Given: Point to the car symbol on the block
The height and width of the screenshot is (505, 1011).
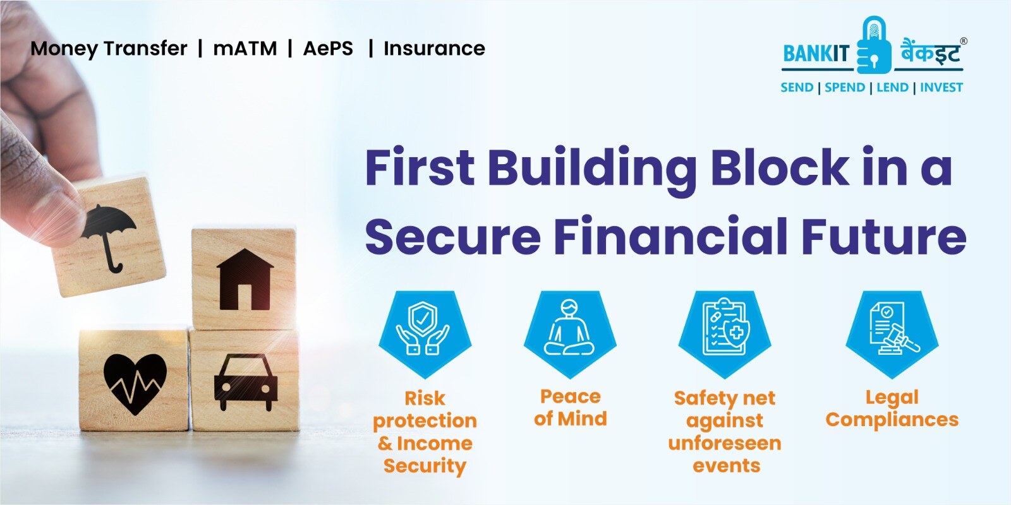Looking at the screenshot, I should point(245,382).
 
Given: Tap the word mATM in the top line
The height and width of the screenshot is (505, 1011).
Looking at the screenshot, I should point(245,49).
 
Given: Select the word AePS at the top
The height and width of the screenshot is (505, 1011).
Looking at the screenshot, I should point(328,49).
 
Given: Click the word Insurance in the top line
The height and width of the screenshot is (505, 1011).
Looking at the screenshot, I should point(434,49).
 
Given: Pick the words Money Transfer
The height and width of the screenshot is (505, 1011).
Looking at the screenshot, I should point(109,49).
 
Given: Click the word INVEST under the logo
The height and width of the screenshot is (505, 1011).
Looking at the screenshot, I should point(941,88).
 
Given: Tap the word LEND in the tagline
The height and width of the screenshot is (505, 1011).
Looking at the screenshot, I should point(892,88).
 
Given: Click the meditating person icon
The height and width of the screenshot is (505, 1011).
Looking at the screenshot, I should point(570,328).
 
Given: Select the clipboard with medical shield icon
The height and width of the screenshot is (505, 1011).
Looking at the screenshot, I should point(725,328).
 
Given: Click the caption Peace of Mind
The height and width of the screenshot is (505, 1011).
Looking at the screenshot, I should point(570,407).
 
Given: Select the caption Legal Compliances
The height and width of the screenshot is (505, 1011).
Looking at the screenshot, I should point(892,408).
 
